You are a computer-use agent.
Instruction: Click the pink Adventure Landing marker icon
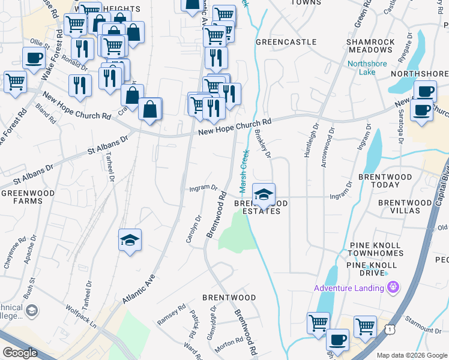(x=394, y=288)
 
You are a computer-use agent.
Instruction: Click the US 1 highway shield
(x=391, y=329)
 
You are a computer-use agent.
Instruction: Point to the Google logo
(x=20, y=353)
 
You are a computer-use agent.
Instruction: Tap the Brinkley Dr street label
(x=263, y=145)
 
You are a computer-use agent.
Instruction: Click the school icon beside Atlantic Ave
(x=130, y=241)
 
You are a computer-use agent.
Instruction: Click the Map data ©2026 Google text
(x=412, y=355)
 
